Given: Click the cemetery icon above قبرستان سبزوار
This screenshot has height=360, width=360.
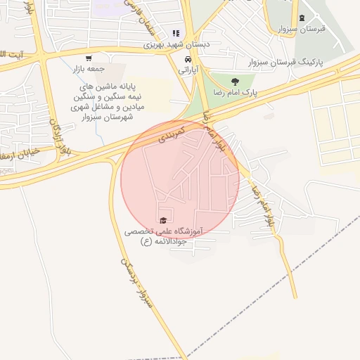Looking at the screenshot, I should tap(302, 18).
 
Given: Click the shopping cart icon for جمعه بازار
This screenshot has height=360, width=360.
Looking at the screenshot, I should tap(88, 58).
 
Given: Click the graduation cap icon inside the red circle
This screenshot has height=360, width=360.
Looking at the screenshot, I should tap(164, 221).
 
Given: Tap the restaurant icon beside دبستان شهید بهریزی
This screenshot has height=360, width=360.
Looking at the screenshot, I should tap(176, 33).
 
